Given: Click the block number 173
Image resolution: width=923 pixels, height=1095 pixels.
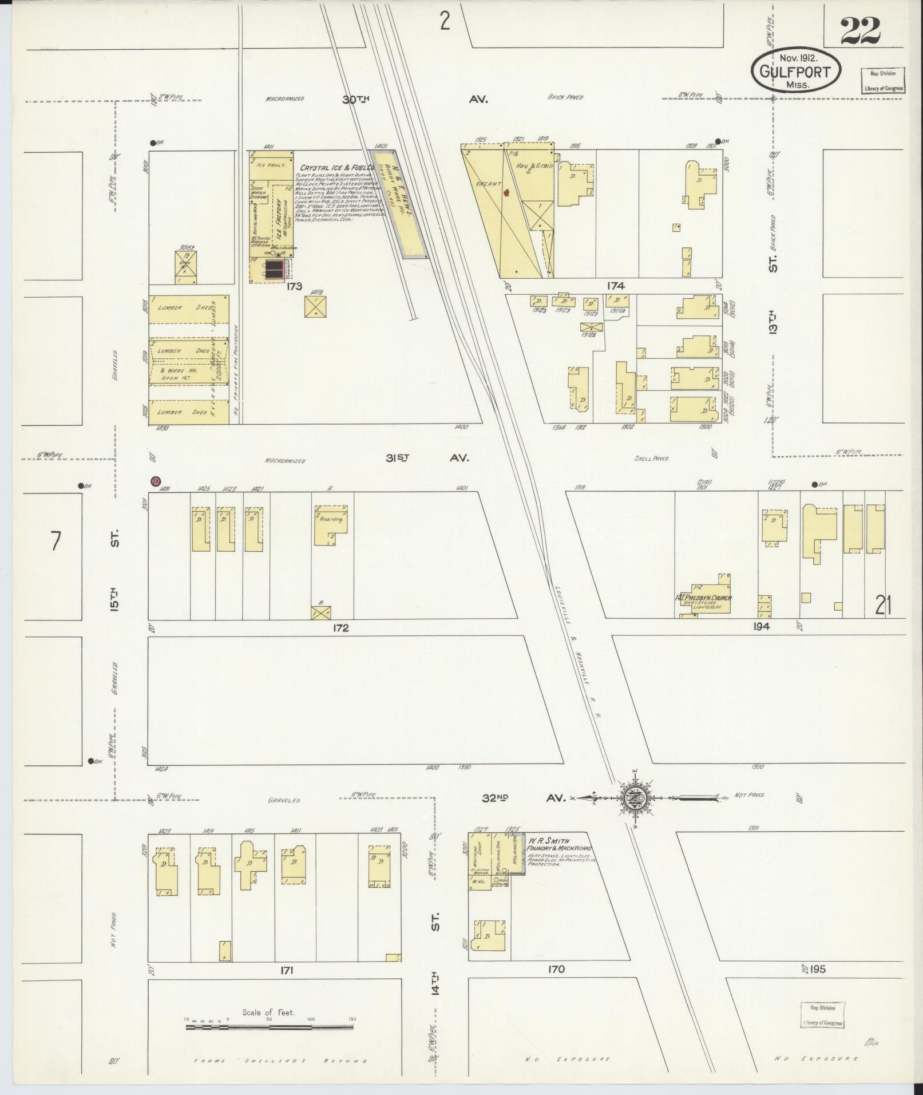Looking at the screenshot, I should pyautogui.click(x=294, y=286).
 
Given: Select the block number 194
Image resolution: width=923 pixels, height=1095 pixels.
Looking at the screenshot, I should pyautogui.click(x=762, y=626).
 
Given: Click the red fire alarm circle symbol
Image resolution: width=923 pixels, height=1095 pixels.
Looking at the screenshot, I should pyautogui.click(x=155, y=481).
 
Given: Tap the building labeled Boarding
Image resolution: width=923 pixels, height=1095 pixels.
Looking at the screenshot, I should pyautogui.click(x=330, y=524).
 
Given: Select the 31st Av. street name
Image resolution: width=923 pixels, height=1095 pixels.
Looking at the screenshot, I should pyautogui.click(x=432, y=458).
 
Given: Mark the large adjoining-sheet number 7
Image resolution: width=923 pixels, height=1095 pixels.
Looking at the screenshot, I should pyautogui.click(x=55, y=541).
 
